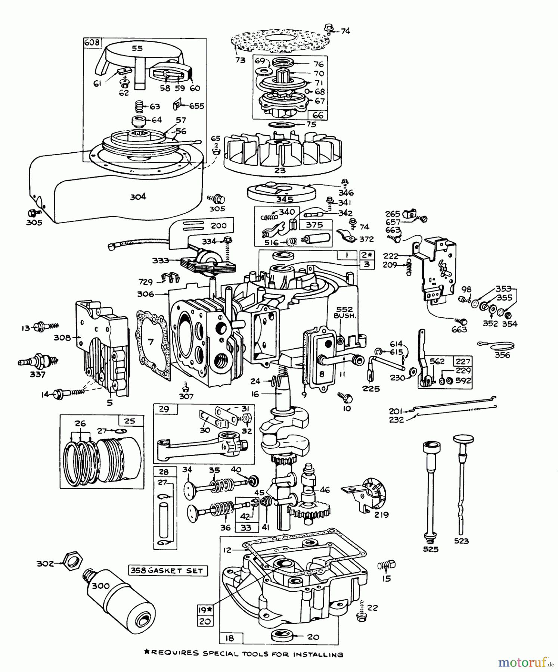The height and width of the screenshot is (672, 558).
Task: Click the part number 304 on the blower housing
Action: click(138, 196)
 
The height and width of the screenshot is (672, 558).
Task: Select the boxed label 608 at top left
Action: click(92, 42)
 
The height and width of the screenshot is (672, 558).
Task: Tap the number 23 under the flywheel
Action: click(280, 171)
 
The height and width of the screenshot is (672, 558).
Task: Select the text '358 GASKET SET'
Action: click(167, 570)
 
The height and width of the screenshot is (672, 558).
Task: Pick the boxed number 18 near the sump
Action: click(230, 638)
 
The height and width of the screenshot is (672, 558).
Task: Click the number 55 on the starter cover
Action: click(137, 48)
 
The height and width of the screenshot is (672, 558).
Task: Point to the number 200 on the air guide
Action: click(218, 225)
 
